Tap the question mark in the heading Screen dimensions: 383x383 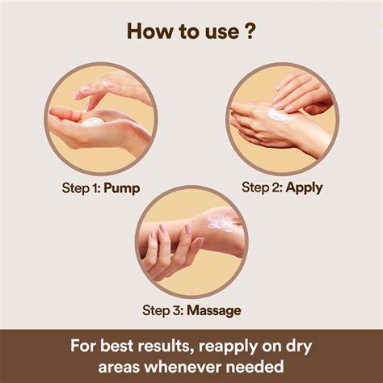coord(250,31)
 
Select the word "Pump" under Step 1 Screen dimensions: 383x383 coord(122,188)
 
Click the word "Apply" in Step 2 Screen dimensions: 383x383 coord(304,187)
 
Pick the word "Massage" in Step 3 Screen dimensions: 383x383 coord(214,310)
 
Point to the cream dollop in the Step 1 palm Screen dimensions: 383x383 coord(92,122)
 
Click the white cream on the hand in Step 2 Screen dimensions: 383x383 coord(280,116)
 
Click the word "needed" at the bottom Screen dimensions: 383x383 coord(255,366)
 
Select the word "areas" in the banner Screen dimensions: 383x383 coord(119,367)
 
